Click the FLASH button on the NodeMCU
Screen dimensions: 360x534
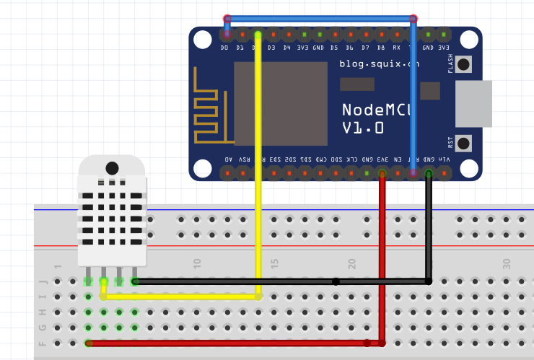pyautogui.click(x=463, y=64)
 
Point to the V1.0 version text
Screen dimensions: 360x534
pyautogui.click(x=362, y=128)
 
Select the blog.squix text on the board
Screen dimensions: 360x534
pyautogui.click(x=379, y=64)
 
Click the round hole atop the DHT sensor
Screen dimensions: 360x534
pyautogui.click(x=112, y=168)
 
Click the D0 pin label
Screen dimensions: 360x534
pyautogui.click(x=224, y=48)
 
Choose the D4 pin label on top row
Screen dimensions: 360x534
pyautogui.click(x=286, y=48)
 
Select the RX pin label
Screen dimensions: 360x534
pyautogui.click(x=396, y=48)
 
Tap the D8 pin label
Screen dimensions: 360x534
pyautogui.click(x=380, y=48)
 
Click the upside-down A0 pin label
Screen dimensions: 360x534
pyautogui.click(x=228, y=159)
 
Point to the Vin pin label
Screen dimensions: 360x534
pyautogui.click(x=445, y=159)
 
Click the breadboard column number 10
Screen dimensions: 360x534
pyautogui.click(x=197, y=263)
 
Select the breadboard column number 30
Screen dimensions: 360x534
pyautogui.click(x=507, y=263)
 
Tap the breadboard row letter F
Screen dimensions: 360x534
pyautogui.click(x=42, y=343)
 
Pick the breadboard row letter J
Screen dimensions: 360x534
pyautogui.click(x=42, y=281)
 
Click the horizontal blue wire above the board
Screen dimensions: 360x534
pyautogui.click(x=320, y=19)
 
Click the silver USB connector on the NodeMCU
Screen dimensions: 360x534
pyautogui.click(x=473, y=103)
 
